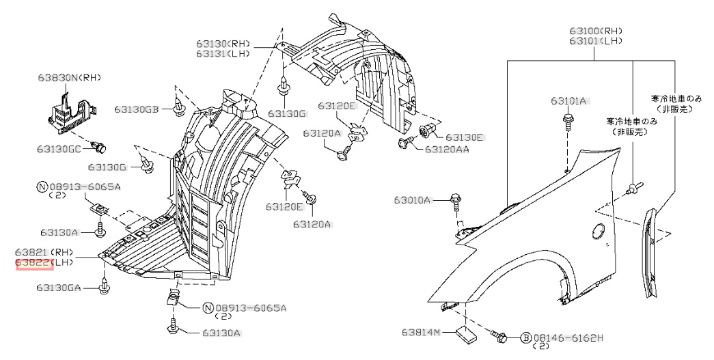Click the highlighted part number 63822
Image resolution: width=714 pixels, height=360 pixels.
[x=34, y=262]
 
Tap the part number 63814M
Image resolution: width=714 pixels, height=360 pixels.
[x=423, y=333]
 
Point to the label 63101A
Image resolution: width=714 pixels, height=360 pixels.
[x=569, y=101]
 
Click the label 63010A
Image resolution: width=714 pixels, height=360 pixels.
[x=412, y=200]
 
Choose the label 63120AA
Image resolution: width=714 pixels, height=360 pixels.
[x=447, y=148]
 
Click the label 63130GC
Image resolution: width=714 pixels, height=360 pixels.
[x=66, y=148]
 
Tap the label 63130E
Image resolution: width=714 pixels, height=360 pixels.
[x=464, y=137]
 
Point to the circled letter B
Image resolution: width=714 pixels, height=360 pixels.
[x=526, y=337]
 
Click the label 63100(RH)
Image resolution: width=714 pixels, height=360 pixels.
[x=596, y=31]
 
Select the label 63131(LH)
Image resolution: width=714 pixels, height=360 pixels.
[x=223, y=53]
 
